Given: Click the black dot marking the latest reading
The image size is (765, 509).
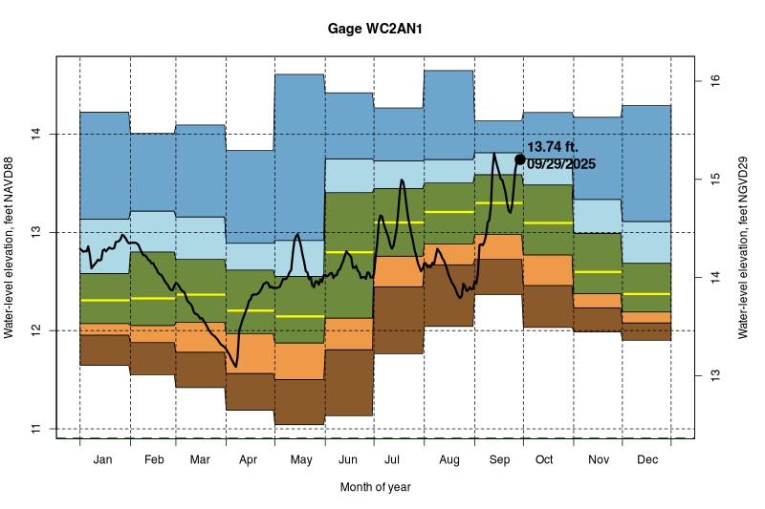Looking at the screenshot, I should (520, 159).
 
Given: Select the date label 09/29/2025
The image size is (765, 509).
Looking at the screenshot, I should (561, 164).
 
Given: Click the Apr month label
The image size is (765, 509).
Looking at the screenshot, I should (249, 459).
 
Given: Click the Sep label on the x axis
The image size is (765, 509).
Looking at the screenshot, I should (498, 459).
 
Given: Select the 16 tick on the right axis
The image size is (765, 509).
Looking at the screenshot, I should (710, 80).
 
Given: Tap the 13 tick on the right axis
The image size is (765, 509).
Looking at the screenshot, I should (710, 375).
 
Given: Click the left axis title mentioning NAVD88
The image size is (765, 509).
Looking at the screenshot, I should (11, 246).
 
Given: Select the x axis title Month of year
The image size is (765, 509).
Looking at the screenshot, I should (375, 487).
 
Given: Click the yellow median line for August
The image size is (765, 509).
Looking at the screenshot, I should (448, 212).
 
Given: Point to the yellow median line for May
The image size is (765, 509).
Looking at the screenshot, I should (299, 315).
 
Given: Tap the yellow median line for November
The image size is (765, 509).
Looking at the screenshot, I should (598, 272).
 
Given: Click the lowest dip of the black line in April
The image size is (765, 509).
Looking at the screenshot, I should (236, 366).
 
